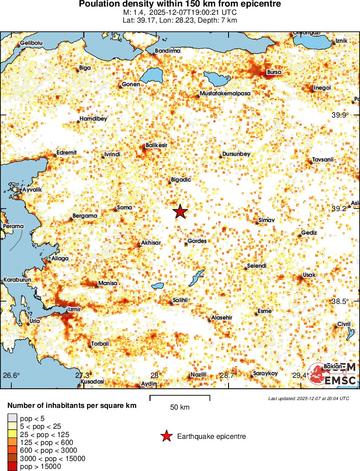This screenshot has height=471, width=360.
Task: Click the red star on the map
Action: tap(180, 212)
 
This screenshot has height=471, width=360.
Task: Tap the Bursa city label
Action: tap(274, 72)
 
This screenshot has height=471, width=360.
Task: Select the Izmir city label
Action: tap(72, 310)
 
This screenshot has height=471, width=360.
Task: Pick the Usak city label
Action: tap(309, 275)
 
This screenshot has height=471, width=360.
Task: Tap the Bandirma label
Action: tap(168, 51)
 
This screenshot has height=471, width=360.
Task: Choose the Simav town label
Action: tap(266, 220)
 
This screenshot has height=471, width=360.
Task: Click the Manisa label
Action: tap(108, 283)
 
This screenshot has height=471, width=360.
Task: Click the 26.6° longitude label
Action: tap(12, 375)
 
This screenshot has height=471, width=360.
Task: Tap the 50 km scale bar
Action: tap(180, 398)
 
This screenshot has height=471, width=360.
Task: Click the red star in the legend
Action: tap(166, 436)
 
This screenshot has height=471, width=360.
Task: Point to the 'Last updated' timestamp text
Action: tap(308, 398)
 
